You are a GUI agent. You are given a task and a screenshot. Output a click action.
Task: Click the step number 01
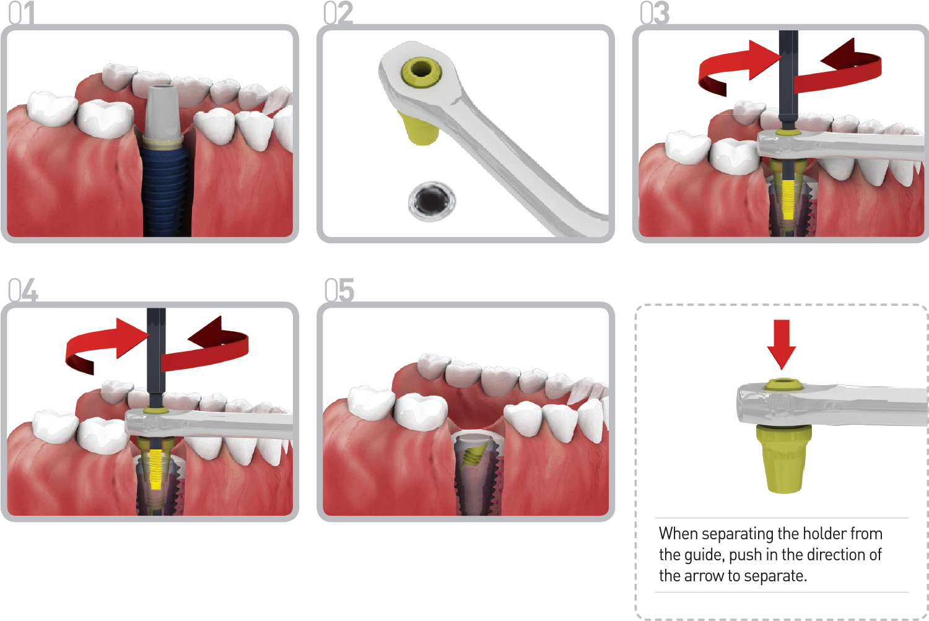22,12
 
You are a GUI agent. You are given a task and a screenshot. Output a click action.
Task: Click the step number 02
338,12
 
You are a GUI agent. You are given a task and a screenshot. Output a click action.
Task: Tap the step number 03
655,12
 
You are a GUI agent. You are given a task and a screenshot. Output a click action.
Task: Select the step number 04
24,290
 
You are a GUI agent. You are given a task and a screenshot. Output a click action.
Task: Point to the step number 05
339,290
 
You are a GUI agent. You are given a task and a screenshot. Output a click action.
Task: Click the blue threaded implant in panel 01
165,191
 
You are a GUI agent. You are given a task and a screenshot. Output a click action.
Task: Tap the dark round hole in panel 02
432,201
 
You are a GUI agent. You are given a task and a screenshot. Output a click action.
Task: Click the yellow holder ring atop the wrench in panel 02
421,72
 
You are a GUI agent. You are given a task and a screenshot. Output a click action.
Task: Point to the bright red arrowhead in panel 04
131,337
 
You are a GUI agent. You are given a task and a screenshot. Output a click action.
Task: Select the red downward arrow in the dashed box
782,344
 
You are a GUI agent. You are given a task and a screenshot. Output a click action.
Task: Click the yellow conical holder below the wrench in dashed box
783,459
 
